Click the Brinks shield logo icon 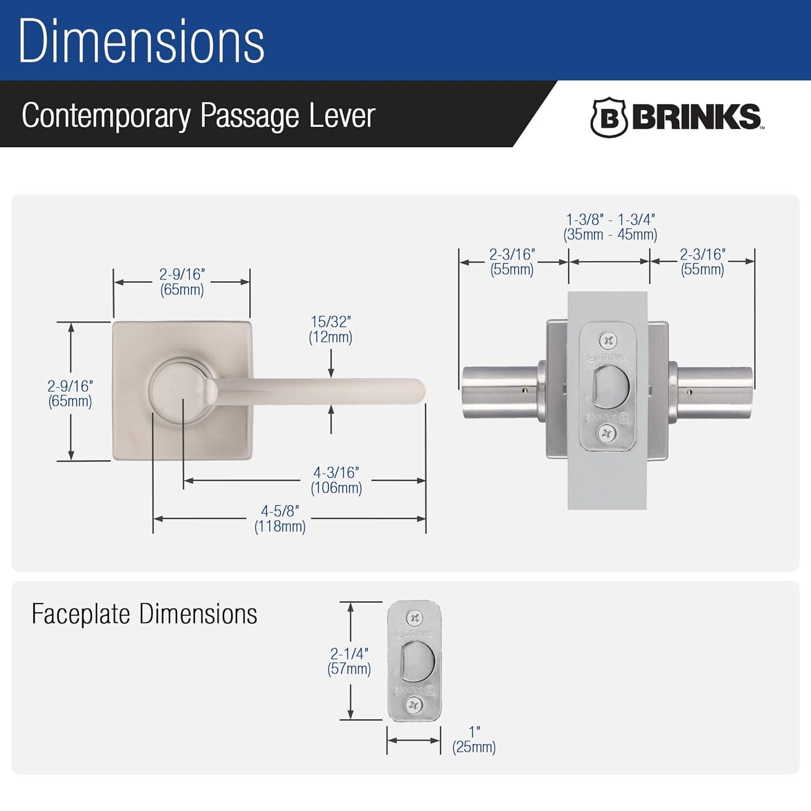[608, 117]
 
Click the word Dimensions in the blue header [142, 42]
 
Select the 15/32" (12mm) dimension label [330, 329]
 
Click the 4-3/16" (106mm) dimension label [336, 480]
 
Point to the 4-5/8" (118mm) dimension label [280, 518]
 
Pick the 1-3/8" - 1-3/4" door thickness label [610, 227]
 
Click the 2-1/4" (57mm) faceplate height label [349, 661]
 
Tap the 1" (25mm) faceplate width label [474, 740]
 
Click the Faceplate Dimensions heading [144, 614]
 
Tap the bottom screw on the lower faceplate [415, 705]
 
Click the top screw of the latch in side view [608, 341]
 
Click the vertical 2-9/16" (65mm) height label [70, 394]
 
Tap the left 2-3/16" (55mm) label [512, 262]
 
